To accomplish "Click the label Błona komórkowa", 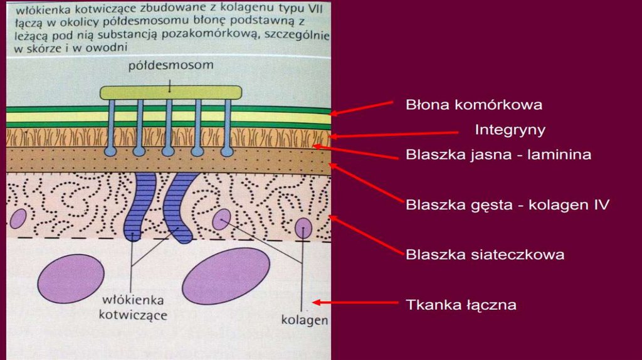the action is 473,105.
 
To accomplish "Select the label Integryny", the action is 510,130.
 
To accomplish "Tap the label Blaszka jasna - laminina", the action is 498,154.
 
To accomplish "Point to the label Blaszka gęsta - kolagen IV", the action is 507,204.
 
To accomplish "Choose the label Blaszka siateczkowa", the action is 485,255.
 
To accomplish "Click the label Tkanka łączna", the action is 461,305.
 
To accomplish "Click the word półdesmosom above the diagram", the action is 171,65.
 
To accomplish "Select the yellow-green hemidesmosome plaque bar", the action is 171,92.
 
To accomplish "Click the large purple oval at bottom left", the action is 70,278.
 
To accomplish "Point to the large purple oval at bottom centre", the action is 226,276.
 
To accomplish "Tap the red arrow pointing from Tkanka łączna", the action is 355,303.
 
